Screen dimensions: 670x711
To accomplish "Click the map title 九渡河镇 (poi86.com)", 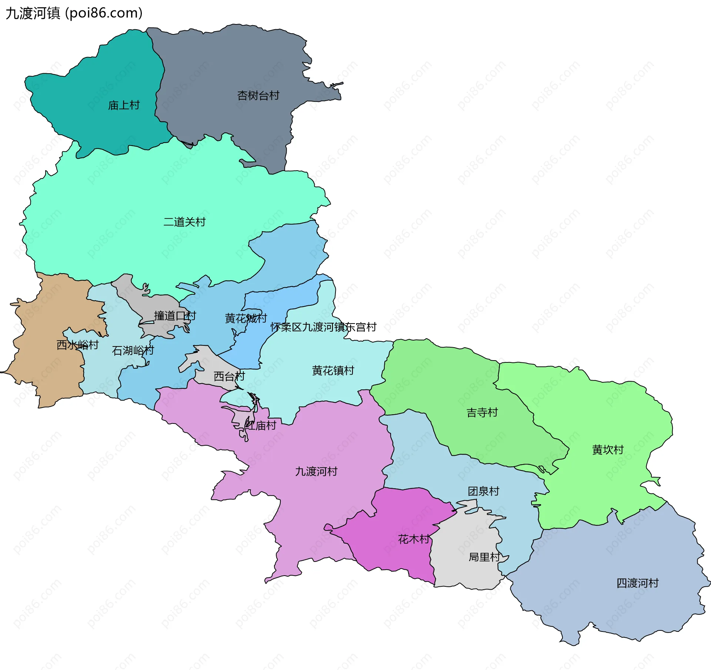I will pyautogui.click(x=74, y=13).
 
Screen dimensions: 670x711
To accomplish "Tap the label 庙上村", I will pyautogui.click(x=124, y=105).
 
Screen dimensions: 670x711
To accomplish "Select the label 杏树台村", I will pyautogui.click(x=258, y=96).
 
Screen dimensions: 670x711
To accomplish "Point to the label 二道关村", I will pyautogui.click(x=184, y=222).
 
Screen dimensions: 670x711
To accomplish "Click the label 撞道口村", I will pyautogui.click(x=175, y=316).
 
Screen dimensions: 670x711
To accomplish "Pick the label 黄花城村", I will pyautogui.click(x=246, y=318).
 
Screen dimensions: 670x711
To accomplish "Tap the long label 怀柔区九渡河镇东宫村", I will pyautogui.click(x=323, y=327).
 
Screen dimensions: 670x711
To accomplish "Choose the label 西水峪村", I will pyautogui.click(x=77, y=345).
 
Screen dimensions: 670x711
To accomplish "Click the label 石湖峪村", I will pyautogui.click(x=133, y=351).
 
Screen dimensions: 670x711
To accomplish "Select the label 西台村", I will pyautogui.click(x=229, y=376).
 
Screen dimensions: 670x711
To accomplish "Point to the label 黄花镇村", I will pyautogui.click(x=333, y=371).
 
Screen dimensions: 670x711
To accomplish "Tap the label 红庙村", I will pyautogui.click(x=261, y=426).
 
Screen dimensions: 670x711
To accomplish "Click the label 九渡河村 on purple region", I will pyautogui.click(x=316, y=472).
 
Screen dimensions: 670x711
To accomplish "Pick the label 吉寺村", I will pyautogui.click(x=482, y=412).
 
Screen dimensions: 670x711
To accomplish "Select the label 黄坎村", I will pyautogui.click(x=608, y=450).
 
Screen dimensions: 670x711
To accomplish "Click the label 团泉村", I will pyautogui.click(x=483, y=491).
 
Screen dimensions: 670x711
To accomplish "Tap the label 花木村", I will pyautogui.click(x=414, y=539).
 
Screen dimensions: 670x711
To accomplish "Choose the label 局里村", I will pyautogui.click(x=484, y=557).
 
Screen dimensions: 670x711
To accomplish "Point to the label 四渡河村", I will pyautogui.click(x=637, y=583).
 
